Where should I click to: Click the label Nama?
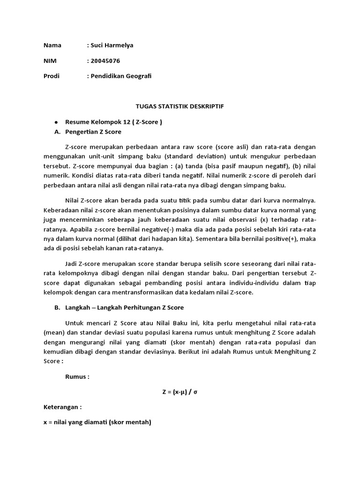click(x=52, y=45)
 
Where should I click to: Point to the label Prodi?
click(x=52, y=75)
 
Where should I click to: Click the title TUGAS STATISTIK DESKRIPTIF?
click(x=180, y=106)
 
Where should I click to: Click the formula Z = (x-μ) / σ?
click(x=180, y=391)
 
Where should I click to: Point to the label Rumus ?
click(x=77, y=376)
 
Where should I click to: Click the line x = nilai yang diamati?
click(x=97, y=422)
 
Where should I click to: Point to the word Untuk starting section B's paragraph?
click(x=75, y=323)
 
